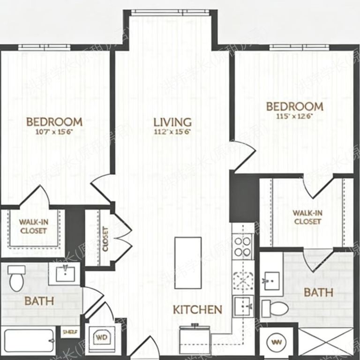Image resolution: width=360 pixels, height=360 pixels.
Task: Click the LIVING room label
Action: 172,122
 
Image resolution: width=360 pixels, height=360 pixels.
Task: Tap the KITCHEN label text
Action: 197,309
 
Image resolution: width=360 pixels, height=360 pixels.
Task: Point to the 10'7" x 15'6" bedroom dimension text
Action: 54,132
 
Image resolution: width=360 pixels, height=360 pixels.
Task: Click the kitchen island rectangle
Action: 188,262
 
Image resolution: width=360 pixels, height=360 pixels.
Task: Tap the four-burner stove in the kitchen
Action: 243,247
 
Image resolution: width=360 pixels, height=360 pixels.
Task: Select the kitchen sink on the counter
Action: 243,304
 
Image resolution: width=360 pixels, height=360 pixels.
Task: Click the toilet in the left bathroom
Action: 17,278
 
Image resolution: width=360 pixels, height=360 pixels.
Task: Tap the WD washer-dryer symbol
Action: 101,337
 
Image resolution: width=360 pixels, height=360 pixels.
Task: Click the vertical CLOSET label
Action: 105,239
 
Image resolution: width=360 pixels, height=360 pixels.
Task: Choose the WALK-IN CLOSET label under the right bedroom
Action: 307,217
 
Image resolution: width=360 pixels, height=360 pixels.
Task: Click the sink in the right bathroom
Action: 271,281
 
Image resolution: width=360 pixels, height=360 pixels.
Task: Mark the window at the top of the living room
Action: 171,12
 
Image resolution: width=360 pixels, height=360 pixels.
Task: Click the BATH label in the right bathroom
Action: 319,292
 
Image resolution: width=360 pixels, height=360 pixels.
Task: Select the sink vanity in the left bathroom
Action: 65,273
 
